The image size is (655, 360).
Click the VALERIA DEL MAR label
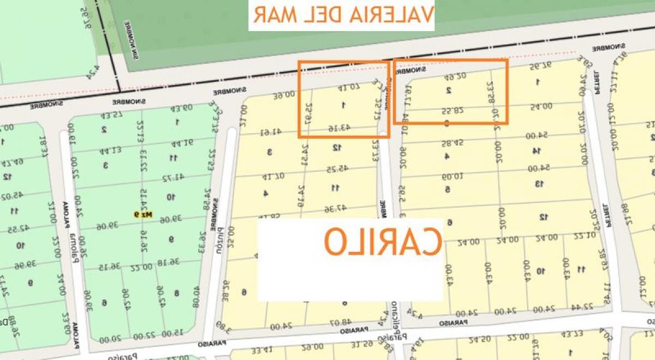[342, 15]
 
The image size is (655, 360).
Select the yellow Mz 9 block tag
[142, 214]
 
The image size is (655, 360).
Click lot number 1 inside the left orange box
[343, 105]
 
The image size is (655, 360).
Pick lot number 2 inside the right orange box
[448, 91]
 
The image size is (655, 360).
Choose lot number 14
[537, 151]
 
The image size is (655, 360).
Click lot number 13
[539, 183]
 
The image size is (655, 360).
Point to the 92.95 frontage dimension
[538, 67]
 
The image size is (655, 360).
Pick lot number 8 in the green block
[176, 293]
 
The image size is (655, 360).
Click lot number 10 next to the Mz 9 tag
[170, 197]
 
